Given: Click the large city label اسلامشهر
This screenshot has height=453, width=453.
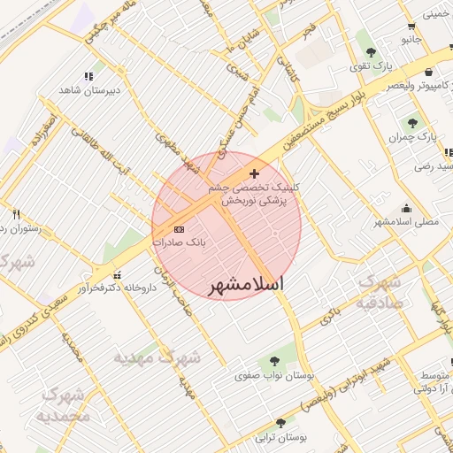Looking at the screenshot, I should (247, 285).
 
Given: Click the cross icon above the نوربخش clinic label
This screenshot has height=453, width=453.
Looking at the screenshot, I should (255, 173).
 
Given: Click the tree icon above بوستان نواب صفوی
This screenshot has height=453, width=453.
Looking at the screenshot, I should (274, 361).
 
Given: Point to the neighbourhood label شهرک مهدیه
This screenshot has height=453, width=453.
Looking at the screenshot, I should (157, 358).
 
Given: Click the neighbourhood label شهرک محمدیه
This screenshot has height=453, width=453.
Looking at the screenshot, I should (65, 404).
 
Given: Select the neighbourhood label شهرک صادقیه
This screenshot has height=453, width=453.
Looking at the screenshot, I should (380, 291).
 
